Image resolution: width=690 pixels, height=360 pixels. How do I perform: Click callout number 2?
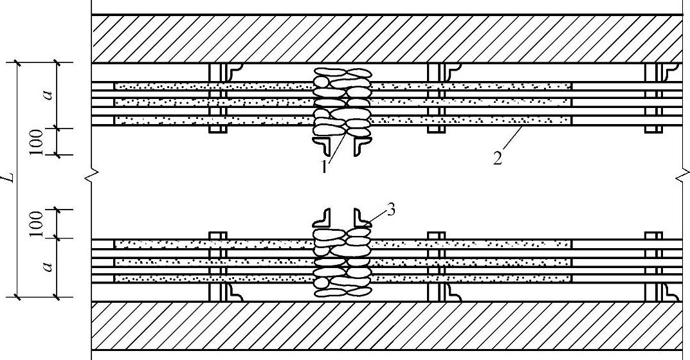[x=498, y=157]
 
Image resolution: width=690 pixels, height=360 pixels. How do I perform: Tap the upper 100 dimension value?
[x=37, y=141]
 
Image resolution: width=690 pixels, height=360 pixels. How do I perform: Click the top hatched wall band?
[x=386, y=39]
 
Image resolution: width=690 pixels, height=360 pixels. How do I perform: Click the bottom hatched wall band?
[x=386, y=325]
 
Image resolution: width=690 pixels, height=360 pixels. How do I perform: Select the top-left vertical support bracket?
[x=219, y=98]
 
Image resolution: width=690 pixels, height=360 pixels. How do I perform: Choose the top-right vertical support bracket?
[x=654, y=98]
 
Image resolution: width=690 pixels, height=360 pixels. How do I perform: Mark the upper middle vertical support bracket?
[x=437, y=98]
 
